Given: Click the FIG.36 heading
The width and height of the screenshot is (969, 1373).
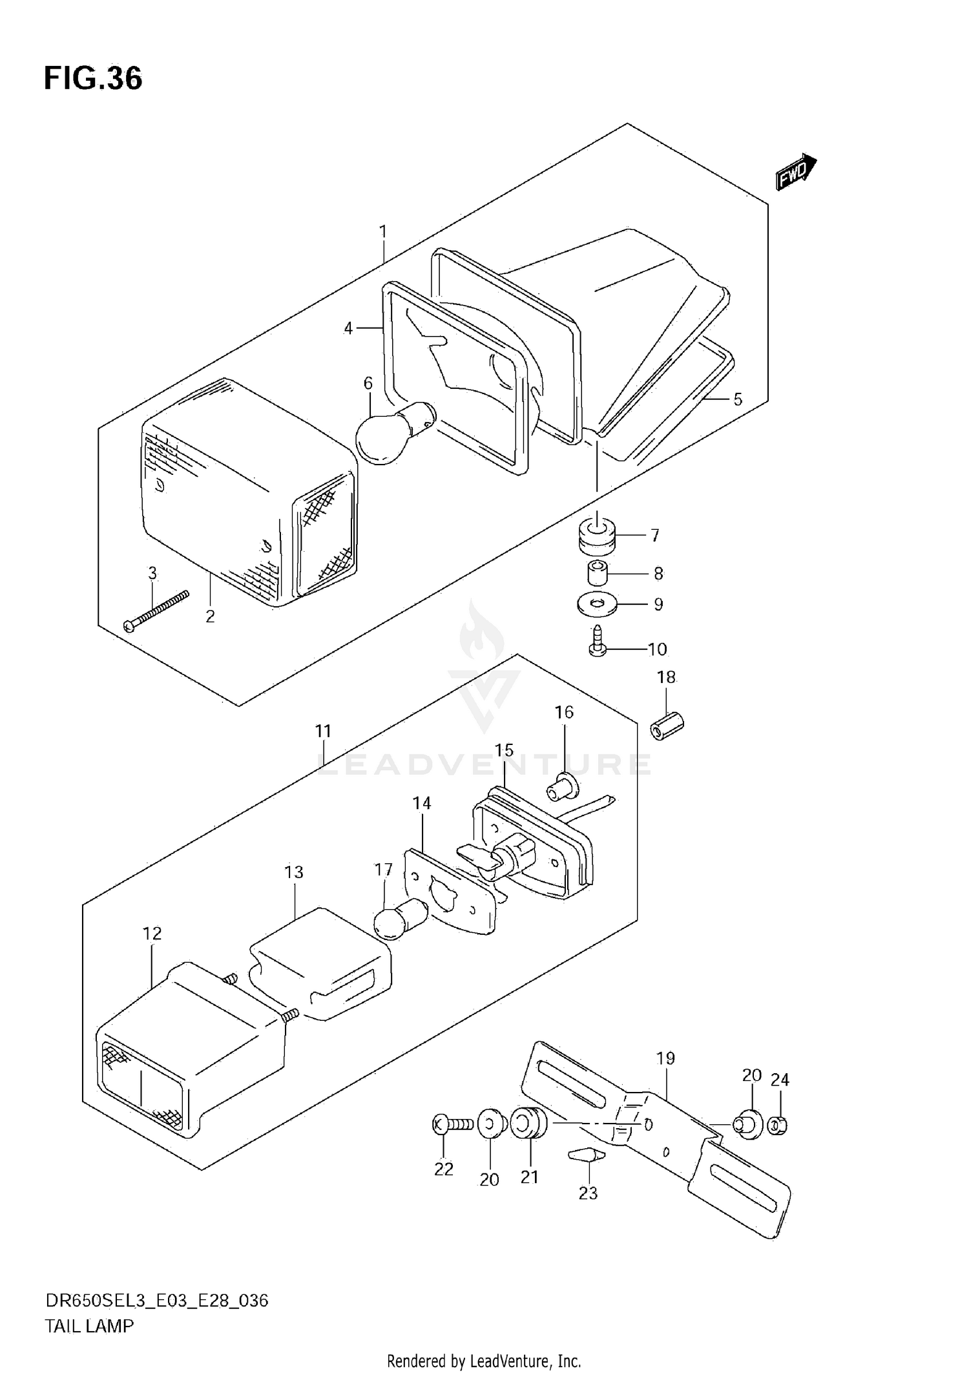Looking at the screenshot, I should tap(93, 78).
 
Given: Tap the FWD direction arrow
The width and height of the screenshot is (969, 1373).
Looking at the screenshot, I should tap(796, 172).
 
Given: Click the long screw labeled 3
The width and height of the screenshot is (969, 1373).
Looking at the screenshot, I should tap(156, 611).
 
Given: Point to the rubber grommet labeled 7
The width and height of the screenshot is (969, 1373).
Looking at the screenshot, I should tap(596, 537).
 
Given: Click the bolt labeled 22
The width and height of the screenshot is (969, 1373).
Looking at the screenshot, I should tap(453, 1125).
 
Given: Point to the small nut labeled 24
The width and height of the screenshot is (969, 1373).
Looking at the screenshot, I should tap(779, 1126).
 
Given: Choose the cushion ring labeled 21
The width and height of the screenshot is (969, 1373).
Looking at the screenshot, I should tap(528, 1124).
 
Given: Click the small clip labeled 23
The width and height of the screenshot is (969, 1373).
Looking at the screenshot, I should tap(587, 1155).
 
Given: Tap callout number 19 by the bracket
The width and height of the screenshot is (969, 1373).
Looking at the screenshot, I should tap(665, 1058).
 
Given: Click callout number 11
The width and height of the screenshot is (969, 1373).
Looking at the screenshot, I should tap(323, 731).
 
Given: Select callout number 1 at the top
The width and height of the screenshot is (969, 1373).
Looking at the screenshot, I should tap(382, 231).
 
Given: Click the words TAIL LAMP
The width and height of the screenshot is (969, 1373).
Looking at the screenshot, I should tap(89, 1326).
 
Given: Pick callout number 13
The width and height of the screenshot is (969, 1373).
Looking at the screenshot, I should tap(293, 872).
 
